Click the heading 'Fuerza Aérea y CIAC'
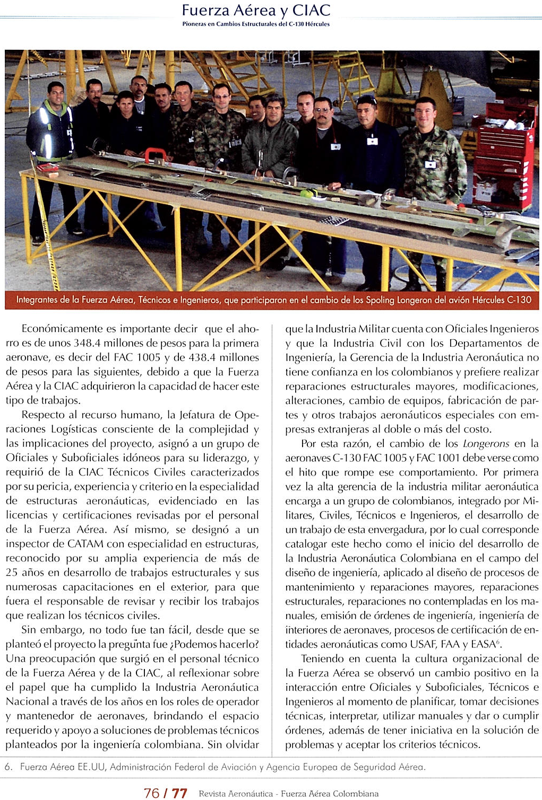256,10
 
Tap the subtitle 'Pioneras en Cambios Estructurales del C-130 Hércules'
256,24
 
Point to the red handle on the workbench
156,155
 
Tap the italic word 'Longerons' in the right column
486,444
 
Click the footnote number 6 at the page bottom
8,767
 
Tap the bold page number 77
179,793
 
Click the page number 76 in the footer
151,793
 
